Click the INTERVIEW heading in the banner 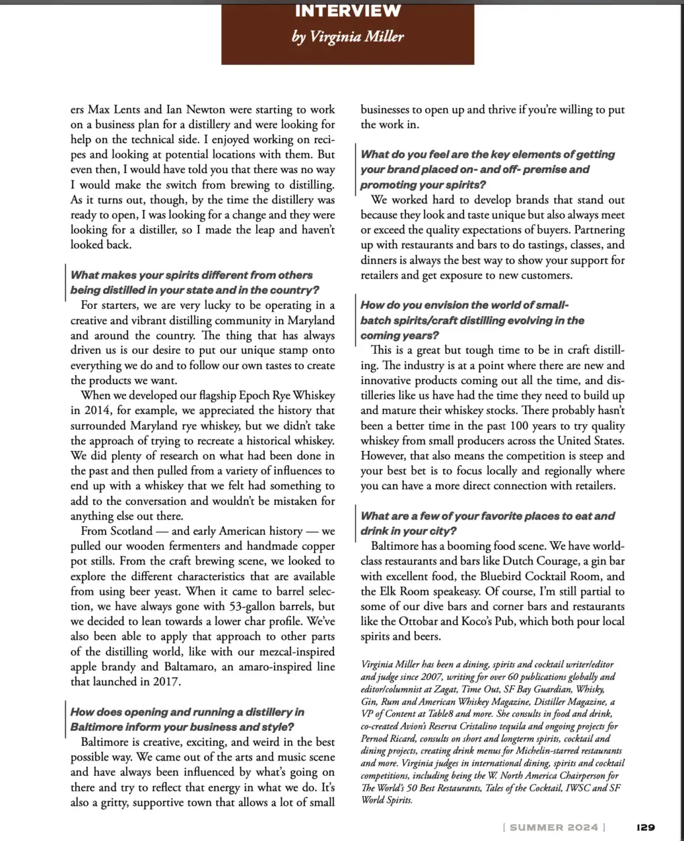[x=347, y=11]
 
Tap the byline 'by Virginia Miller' [x=347, y=37]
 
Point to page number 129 [x=646, y=827]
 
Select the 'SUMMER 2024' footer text [x=553, y=827]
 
